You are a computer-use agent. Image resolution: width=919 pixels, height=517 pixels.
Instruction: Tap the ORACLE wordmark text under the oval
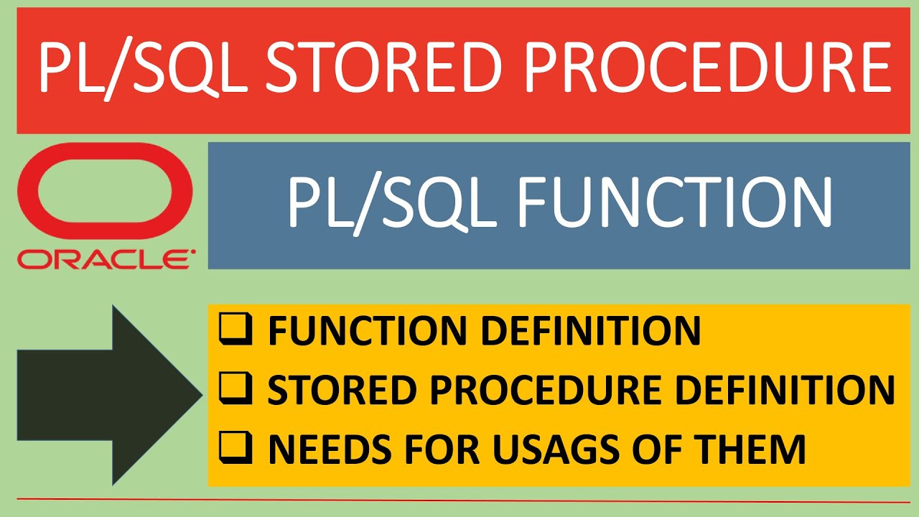click(105, 258)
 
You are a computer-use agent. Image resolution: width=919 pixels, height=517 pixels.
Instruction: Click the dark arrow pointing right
click(108, 395)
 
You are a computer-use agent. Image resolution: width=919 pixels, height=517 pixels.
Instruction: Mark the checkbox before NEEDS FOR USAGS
click(237, 450)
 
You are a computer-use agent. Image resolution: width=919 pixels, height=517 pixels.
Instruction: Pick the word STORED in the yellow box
click(326, 391)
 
